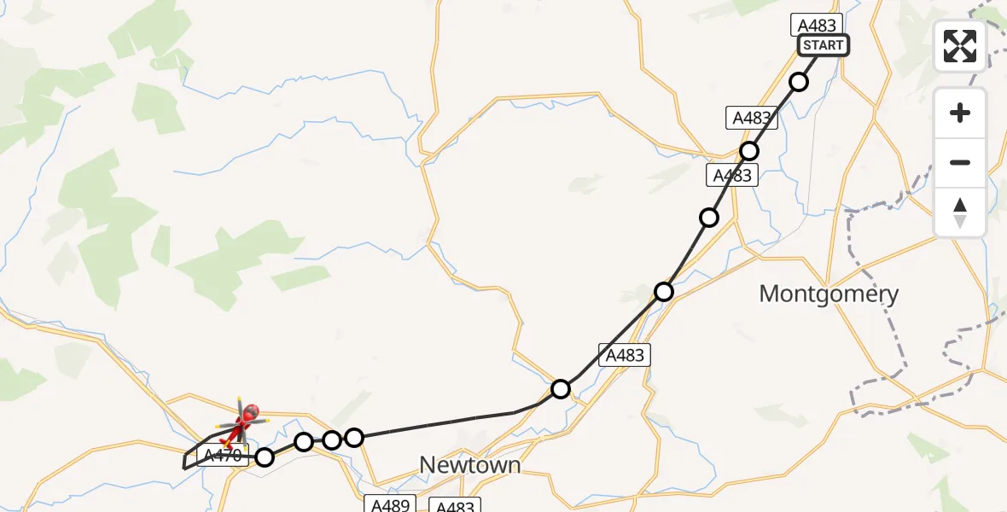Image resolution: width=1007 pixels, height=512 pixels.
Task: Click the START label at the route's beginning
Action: tap(823, 45)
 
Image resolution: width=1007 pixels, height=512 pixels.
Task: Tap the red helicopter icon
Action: tap(244, 420)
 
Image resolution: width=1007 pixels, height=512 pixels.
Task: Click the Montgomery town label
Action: tap(828, 294)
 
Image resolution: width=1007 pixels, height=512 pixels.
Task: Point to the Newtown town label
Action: tap(469, 465)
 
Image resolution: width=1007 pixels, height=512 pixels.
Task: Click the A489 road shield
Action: tap(389, 504)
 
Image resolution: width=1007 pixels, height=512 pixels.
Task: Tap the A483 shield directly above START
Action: tap(816, 25)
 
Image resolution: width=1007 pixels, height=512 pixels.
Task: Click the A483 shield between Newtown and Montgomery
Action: tap(625, 355)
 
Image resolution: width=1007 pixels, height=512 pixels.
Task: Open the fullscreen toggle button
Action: tap(959, 45)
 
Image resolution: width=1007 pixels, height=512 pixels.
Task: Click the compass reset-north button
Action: tap(959, 212)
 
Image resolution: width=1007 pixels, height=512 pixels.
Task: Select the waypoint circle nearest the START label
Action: tap(799, 82)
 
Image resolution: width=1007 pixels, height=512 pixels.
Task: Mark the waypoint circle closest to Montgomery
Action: tap(664, 292)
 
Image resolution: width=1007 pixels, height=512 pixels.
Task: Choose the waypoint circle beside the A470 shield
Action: tap(265, 457)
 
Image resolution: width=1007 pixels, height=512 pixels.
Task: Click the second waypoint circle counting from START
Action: tap(749, 151)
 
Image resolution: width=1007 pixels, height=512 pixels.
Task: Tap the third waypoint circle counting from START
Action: tap(709, 218)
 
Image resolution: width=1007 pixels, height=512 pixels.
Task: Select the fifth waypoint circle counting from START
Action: tap(561, 389)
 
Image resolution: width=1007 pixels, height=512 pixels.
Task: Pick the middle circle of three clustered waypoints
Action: tap(332, 439)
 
